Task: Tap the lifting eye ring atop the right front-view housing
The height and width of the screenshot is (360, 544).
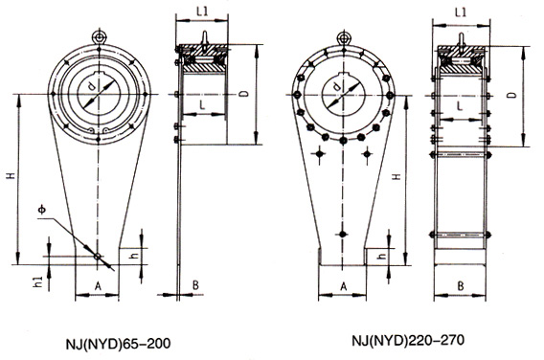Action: coord(342,35)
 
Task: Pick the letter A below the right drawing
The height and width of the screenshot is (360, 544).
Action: coord(343,286)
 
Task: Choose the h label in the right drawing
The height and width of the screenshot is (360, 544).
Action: coord(381,257)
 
